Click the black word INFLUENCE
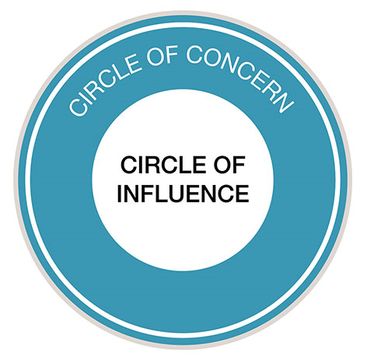(x=183, y=191)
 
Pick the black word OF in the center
(x=229, y=165)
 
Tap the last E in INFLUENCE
(x=241, y=191)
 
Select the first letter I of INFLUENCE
(x=120, y=191)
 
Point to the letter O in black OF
(x=222, y=165)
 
